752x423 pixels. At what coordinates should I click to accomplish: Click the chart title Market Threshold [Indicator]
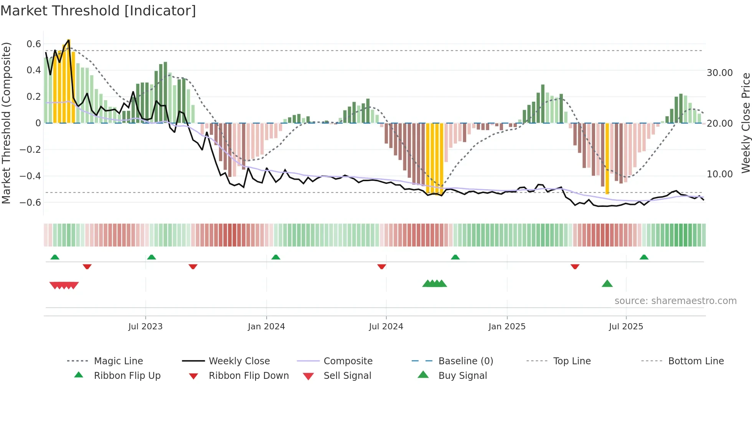98,11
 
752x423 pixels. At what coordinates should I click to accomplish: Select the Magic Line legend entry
118,361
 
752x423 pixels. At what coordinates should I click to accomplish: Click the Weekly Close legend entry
239,361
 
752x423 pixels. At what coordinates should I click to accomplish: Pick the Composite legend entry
348,361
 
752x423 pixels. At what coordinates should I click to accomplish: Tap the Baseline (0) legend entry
465,361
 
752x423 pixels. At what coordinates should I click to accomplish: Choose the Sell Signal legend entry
347,375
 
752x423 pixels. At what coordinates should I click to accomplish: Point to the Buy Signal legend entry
462,375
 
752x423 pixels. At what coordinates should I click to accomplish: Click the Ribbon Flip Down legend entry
248,375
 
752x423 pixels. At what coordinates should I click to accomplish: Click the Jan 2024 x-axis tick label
266,326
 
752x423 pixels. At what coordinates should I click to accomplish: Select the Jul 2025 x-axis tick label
626,326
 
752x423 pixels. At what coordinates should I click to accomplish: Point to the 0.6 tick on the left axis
34,44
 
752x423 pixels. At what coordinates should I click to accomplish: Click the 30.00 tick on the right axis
719,73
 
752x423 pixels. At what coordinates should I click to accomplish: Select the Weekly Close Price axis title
745,123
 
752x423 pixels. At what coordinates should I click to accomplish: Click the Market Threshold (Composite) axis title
6,123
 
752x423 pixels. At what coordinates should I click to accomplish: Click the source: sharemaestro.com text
675,301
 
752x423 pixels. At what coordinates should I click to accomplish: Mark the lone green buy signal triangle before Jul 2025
607,284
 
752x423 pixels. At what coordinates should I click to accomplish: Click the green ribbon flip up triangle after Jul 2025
644,257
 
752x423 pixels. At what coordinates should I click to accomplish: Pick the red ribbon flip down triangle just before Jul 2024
381,266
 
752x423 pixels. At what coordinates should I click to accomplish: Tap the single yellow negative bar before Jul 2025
607,158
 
